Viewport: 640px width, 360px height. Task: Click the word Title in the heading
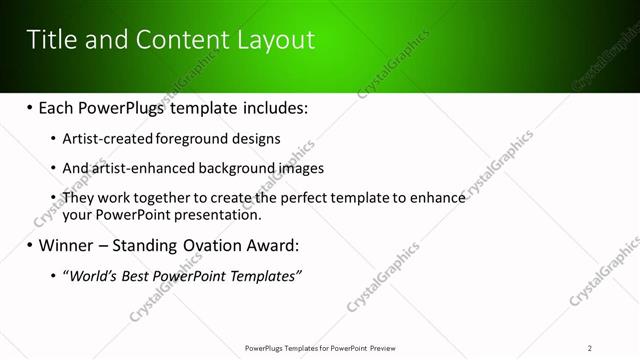51,40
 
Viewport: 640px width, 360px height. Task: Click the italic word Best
137,275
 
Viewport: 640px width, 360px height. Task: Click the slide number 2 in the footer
589,347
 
